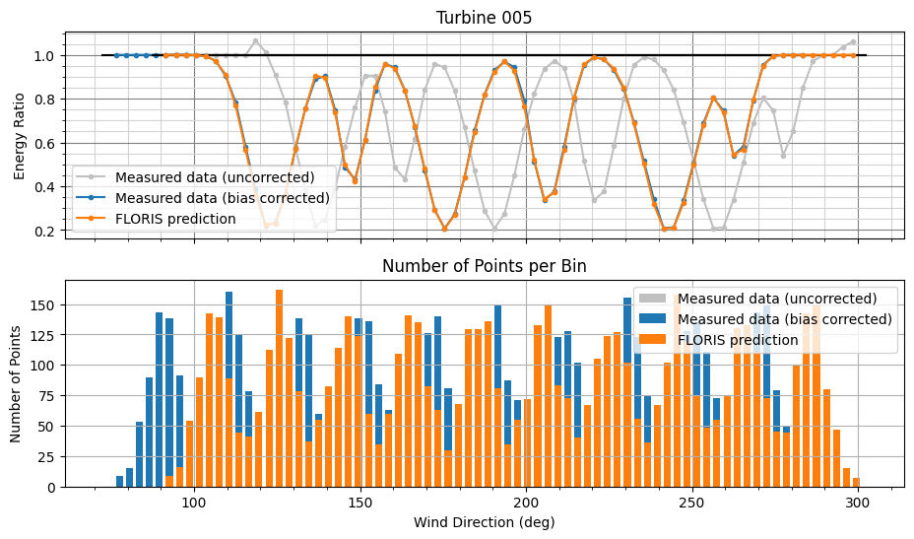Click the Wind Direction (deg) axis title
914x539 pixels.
pyautogui.click(x=484, y=521)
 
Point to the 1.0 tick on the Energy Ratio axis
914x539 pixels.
pyautogui.click(x=47, y=56)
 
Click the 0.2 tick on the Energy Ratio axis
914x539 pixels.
pyautogui.click(x=47, y=231)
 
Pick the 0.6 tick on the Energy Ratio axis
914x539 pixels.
pyautogui.click(x=47, y=144)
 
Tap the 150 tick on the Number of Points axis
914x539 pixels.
pyautogui.click(x=43, y=304)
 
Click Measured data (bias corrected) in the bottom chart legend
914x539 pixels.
pyautogui.click(x=784, y=319)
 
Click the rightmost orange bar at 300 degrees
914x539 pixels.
pyautogui.click(x=856, y=483)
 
